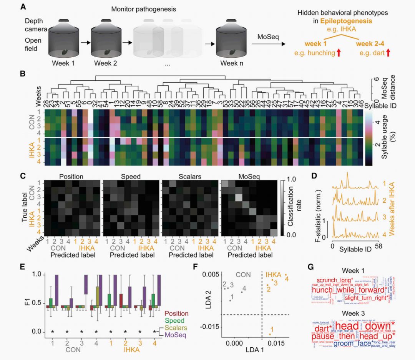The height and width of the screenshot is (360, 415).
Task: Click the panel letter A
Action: pyautogui.click(x=24, y=7)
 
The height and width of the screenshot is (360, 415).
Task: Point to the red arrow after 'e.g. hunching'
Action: pyautogui.click(x=339, y=53)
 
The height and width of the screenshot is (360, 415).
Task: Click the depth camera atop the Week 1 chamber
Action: pyautogui.click(x=64, y=20)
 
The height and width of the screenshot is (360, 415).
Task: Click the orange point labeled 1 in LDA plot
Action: pyautogui.click(x=270, y=334)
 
